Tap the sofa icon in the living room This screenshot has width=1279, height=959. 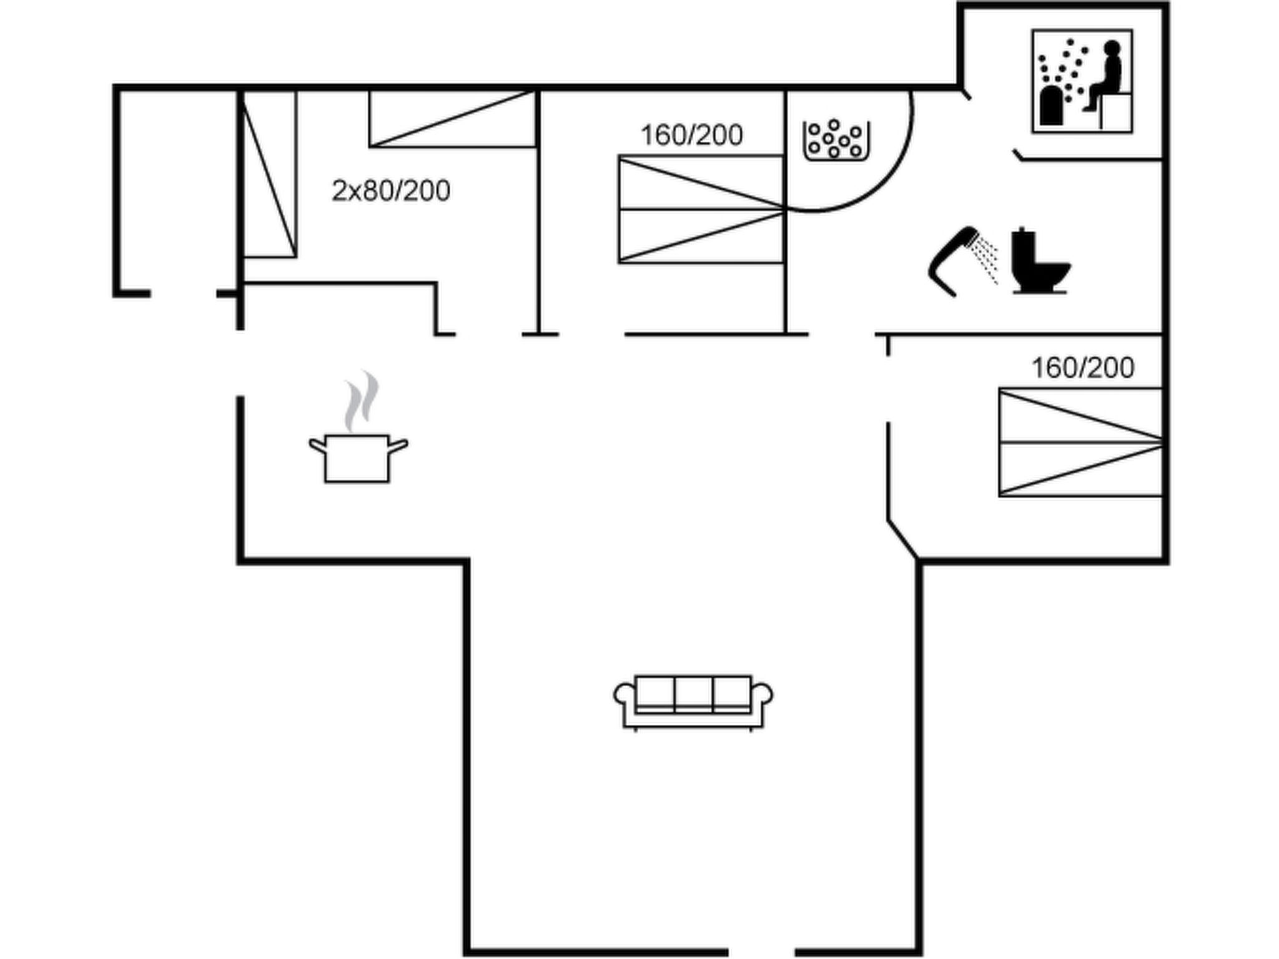pyautogui.click(x=693, y=702)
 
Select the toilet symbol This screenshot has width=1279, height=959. pyautogui.click(x=1039, y=262)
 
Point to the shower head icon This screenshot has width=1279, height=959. pyautogui.click(x=956, y=261)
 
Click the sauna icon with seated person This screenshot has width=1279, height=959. pyautogui.click(x=1082, y=81)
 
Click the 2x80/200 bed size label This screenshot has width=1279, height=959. pyautogui.click(x=391, y=191)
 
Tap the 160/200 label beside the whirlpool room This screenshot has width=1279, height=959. pyautogui.click(x=692, y=135)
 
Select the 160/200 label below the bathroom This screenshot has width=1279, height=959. pyautogui.click(x=1082, y=368)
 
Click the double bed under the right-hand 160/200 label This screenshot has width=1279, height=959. pyautogui.click(x=1080, y=443)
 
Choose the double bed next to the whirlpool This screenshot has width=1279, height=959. pyautogui.click(x=701, y=210)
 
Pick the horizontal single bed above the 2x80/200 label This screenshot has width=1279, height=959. pyautogui.click(x=452, y=119)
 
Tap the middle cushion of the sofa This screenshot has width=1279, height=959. pyautogui.click(x=693, y=693)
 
